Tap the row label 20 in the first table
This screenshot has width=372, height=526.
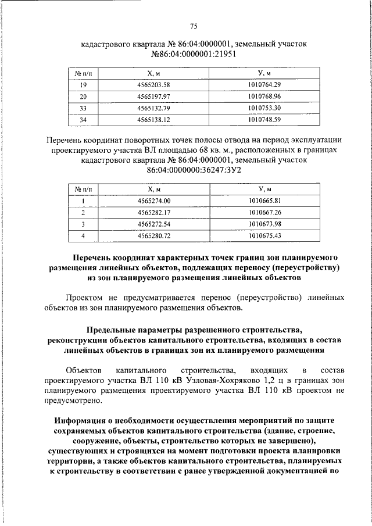[x=83, y=96]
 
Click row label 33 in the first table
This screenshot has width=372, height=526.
[x=83, y=108]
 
